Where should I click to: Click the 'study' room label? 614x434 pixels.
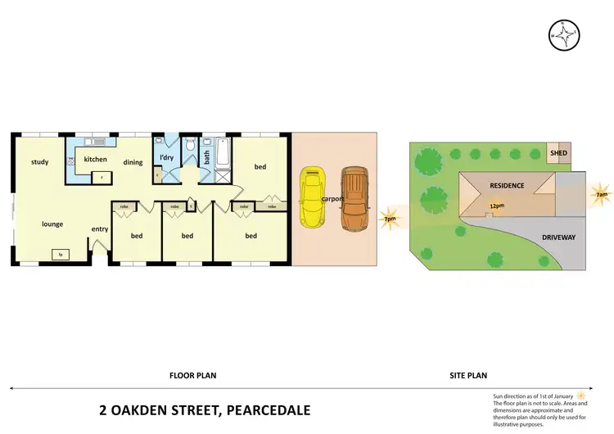tap(40, 162)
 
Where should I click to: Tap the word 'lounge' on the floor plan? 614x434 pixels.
tap(52, 224)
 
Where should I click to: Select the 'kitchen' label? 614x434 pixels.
tap(95, 159)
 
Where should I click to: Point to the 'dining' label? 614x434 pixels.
tap(133, 162)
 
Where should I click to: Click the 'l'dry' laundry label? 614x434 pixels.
tap(166, 157)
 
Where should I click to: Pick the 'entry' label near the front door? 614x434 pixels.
tap(100, 229)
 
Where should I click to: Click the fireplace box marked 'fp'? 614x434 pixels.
tap(61, 255)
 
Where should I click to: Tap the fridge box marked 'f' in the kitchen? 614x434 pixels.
tap(101, 176)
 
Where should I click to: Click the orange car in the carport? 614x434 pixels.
tap(354, 197)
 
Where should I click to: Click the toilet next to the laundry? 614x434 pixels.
tap(189, 145)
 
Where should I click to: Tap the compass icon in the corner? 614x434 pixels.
tap(564, 34)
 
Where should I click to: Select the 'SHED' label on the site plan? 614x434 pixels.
tap(558, 153)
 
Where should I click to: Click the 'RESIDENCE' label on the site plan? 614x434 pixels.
tap(507, 186)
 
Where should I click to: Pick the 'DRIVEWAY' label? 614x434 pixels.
tap(559, 237)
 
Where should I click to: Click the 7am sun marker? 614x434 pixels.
tap(601, 195)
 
